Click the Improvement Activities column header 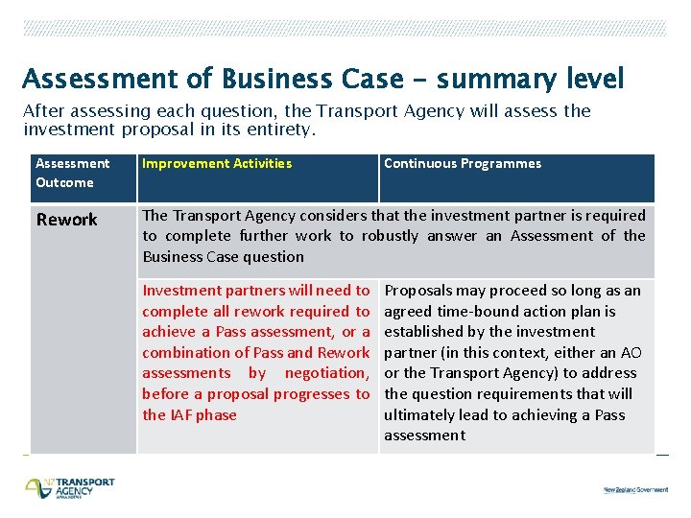click(x=217, y=163)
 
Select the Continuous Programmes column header click(x=462, y=163)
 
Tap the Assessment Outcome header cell click(x=72, y=173)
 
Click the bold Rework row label click(x=66, y=220)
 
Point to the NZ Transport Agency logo click(x=69, y=487)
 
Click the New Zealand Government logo click(x=635, y=489)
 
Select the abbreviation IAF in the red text click(x=181, y=414)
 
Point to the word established click(x=426, y=332)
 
